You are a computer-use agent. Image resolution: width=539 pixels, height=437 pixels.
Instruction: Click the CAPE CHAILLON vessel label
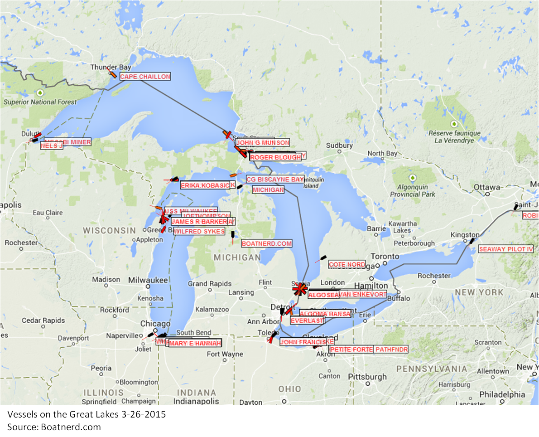145,77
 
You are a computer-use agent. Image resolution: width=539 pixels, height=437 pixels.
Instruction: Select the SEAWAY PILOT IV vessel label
506,249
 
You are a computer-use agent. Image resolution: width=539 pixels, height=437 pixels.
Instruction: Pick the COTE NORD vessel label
347,264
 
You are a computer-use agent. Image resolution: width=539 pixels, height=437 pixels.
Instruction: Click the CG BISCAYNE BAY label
275,180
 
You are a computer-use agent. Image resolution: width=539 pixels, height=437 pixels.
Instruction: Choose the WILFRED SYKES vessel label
199,231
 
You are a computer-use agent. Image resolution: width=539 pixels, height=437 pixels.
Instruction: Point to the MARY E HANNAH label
195,343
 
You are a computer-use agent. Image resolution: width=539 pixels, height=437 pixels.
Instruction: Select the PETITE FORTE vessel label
351,350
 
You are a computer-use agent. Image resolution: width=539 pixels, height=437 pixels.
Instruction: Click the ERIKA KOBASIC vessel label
205,185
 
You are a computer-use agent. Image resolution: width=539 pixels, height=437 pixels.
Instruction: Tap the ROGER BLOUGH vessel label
275,157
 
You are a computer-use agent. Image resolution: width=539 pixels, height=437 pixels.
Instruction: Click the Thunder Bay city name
104,67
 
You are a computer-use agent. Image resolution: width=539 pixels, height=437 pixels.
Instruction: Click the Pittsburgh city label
367,377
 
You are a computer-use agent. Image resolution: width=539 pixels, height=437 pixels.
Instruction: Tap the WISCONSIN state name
109,230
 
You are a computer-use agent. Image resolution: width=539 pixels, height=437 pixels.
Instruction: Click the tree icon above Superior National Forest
40,93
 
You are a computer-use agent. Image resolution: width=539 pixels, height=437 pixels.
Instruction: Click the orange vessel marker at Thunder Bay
112,73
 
